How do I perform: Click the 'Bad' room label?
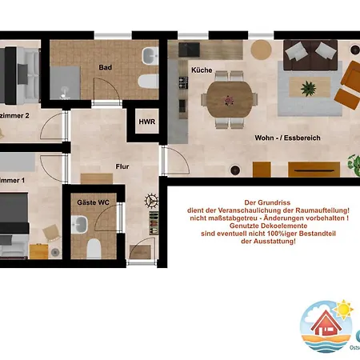point(105,68)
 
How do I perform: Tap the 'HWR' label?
point(147,122)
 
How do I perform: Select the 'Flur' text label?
point(122,167)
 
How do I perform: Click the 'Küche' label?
point(201,70)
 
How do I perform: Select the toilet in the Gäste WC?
point(94,247)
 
